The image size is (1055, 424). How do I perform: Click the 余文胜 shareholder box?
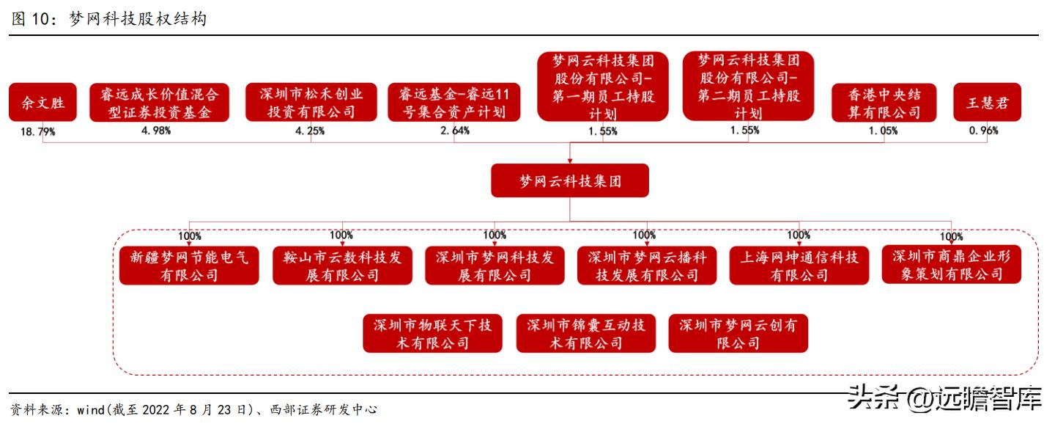[42, 102]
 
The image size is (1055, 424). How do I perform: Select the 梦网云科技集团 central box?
[570, 180]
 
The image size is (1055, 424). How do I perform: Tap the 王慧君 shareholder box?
[987, 102]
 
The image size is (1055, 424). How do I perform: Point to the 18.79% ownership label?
[37, 131]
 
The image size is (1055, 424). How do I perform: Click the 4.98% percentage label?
[156, 131]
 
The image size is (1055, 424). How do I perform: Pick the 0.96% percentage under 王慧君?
[983, 131]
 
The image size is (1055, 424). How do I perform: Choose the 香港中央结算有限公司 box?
[884, 103]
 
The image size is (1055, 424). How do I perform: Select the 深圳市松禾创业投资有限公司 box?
[311, 102]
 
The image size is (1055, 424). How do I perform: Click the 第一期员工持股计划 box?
[603, 87]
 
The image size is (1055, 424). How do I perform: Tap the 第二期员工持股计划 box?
[749, 86]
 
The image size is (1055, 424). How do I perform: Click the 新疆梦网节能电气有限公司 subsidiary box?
[189, 266]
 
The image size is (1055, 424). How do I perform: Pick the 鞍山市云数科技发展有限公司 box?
[342, 266]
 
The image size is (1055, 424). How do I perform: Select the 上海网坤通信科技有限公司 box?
[799, 266]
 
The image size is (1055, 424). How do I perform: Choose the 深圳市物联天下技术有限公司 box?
[432, 334]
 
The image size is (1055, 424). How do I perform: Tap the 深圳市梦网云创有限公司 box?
[738, 334]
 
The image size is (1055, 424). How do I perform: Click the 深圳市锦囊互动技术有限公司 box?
[586, 334]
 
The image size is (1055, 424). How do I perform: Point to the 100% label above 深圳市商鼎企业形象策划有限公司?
[952, 236]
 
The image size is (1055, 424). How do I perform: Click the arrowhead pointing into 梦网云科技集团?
[570, 161]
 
